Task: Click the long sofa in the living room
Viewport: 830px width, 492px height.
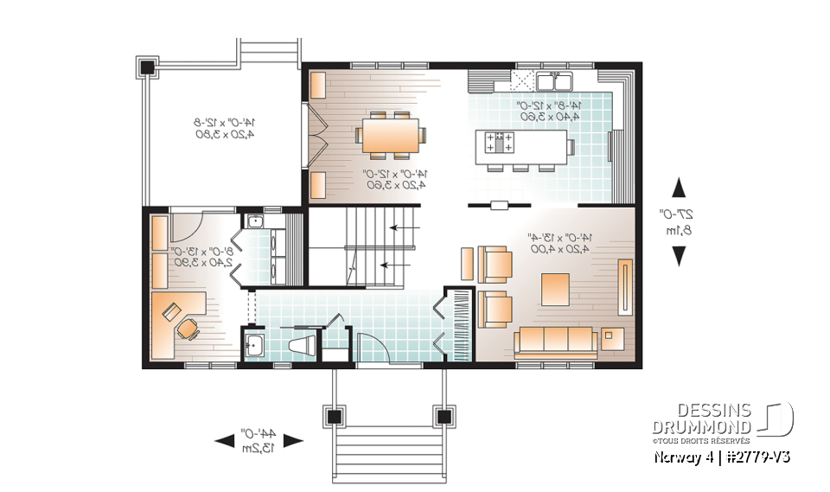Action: tap(554, 342)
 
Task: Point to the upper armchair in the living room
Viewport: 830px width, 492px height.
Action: tap(494, 263)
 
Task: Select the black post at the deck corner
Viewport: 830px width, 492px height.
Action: tap(146, 67)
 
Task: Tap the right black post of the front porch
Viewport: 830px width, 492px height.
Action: tap(445, 417)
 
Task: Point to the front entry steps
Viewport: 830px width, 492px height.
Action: tap(389, 449)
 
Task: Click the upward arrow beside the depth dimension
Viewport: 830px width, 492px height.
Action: tap(679, 188)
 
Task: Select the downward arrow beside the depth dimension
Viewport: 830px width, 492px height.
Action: tap(679, 254)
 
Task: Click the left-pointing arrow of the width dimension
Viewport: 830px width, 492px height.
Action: tap(224, 441)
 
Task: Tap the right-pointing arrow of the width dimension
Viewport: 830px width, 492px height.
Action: tap(294, 441)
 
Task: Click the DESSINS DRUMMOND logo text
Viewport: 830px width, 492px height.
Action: tap(701, 419)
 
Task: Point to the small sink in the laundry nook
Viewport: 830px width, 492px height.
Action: tap(254, 222)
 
